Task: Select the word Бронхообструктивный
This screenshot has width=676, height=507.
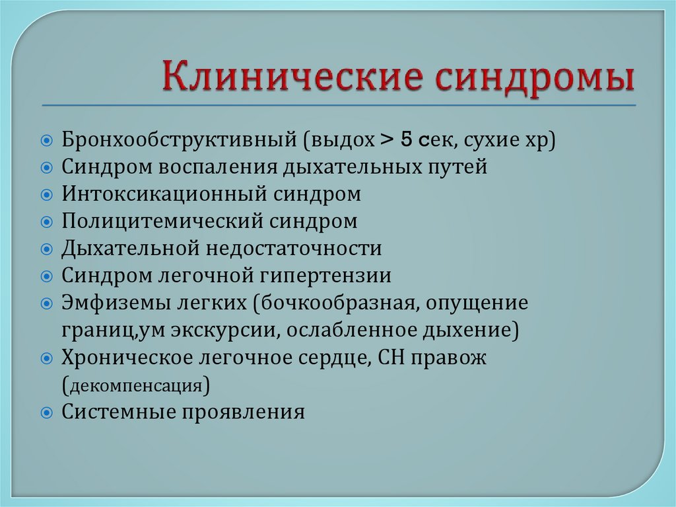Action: (178, 141)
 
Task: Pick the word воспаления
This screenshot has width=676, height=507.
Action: (219, 167)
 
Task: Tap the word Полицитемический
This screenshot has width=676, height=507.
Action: (163, 221)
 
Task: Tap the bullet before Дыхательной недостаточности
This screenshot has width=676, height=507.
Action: (46, 249)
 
